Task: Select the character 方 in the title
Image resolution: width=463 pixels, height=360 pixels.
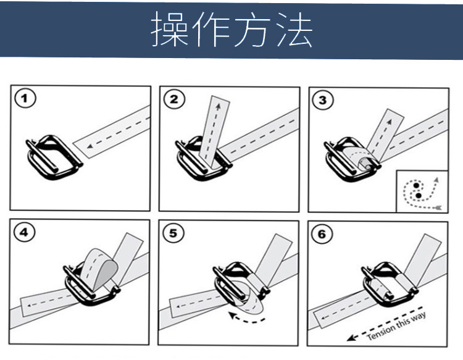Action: click(252, 29)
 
